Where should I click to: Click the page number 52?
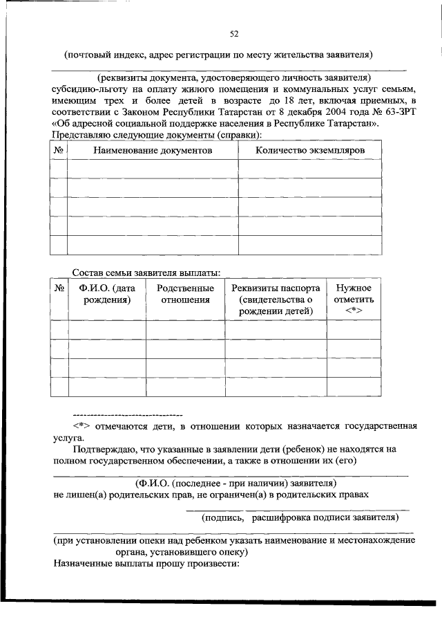233,33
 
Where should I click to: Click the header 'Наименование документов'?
153,149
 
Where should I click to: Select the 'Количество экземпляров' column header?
309,149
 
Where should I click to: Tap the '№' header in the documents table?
59,149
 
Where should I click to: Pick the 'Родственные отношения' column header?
185,294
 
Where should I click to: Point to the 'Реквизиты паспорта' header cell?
276,288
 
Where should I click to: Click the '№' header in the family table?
59,288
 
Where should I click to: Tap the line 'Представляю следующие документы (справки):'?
157,135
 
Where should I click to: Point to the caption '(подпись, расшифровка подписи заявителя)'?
300,517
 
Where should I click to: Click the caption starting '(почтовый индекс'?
219,53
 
